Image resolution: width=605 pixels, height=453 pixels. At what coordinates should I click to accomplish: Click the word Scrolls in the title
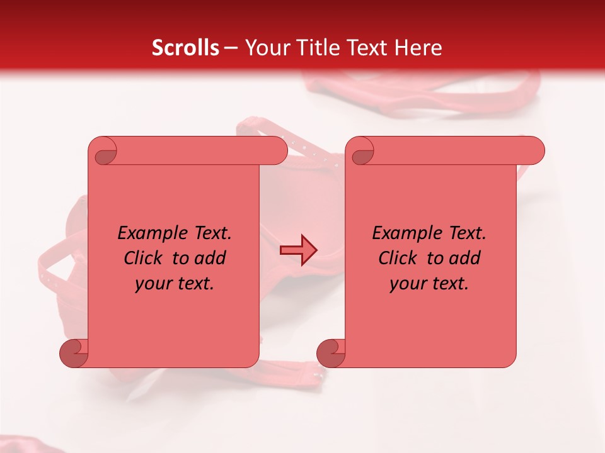tap(185, 48)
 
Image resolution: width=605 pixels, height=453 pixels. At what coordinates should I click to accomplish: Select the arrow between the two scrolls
tap(298, 251)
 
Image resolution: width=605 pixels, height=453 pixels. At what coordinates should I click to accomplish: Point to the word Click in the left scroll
tap(143, 258)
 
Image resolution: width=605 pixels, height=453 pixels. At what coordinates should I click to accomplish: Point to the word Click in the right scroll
tap(398, 258)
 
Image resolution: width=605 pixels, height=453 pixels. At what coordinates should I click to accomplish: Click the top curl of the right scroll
tap(362, 152)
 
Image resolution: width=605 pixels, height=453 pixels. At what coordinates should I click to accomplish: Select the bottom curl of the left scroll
tap(74, 353)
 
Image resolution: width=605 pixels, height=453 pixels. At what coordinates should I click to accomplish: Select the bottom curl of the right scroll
tap(331, 353)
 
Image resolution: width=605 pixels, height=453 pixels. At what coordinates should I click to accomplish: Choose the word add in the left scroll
tap(210, 258)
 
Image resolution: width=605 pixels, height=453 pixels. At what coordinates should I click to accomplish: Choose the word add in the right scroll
tap(465, 258)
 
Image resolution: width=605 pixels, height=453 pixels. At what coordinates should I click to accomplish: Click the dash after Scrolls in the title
tap(231, 48)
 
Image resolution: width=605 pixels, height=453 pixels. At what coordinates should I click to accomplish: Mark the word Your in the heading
tap(264, 48)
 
